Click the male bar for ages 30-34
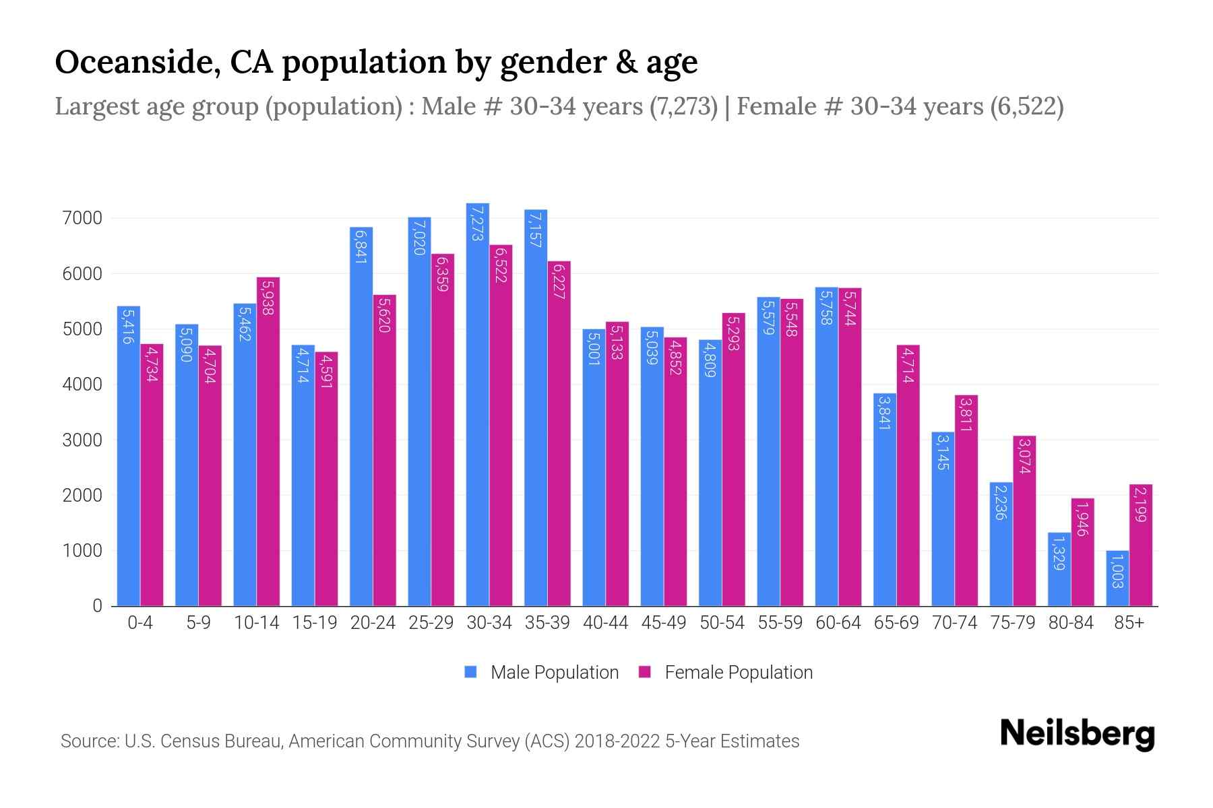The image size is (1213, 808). coord(478,404)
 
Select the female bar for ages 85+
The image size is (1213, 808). coord(1141,545)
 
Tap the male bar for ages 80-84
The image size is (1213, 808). coord(1059,570)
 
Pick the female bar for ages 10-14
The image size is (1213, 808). coord(268,442)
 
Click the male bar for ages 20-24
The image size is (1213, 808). coord(361,417)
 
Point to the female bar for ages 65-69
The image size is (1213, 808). coord(908,475)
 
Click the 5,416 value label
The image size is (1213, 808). coord(127,327)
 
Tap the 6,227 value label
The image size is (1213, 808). coord(559,281)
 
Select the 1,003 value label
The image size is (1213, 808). coord(1117,570)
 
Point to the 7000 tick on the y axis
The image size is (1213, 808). coord(82,218)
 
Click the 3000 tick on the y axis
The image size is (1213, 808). coord(82,440)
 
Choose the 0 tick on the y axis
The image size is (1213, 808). coord(98,606)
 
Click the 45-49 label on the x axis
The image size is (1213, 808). coord(664,623)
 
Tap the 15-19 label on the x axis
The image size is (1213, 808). coord(315,623)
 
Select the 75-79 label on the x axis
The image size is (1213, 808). coord(1013,623)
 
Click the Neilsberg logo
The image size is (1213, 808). coord(1077,735)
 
